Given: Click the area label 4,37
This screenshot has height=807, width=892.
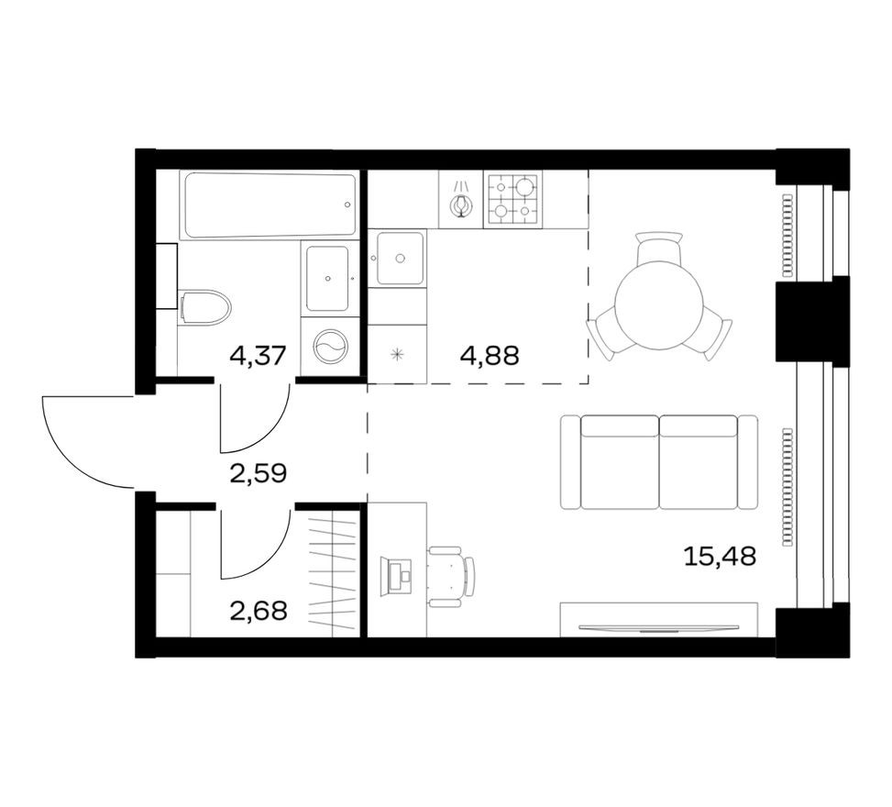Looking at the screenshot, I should click(258, 355).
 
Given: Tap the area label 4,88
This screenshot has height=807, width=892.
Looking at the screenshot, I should click(489, 355).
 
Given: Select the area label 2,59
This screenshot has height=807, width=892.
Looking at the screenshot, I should click(258, 473).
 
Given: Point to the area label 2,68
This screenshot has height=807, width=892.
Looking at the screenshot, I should click(258, 610).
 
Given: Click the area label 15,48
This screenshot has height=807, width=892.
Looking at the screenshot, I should click(720, 555).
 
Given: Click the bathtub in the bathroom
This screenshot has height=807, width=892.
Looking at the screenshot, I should click(269, 205).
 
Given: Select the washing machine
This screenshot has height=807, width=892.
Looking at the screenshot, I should click(329, 348).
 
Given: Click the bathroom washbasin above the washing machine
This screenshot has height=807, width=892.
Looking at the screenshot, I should click(328, 278).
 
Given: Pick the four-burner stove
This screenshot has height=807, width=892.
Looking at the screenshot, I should click(512, 199).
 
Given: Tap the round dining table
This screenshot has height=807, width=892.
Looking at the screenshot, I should click(658, 305).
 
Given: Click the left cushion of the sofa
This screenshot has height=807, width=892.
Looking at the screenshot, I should click(619, 462).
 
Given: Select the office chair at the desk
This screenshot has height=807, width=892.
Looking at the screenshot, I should click(450, 576).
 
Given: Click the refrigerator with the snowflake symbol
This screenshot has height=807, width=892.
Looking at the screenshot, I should click(397, 354).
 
